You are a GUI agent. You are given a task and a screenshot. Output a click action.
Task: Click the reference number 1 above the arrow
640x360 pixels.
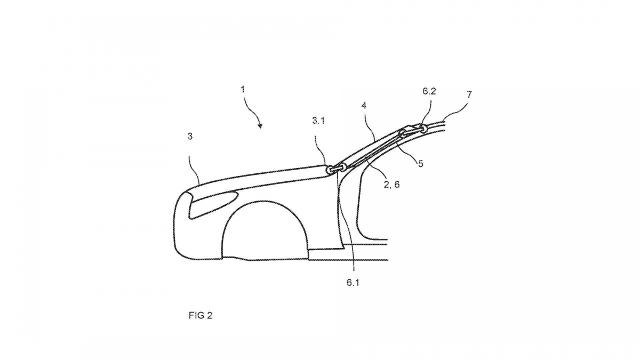click(x=243, y=90)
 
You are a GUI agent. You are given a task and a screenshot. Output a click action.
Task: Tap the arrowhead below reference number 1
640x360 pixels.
click(x=260, y=125)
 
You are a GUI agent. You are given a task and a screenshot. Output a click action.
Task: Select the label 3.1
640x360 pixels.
click(x=318, y=121)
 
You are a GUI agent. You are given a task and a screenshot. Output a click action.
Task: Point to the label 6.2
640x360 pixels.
click(x=429, y=91)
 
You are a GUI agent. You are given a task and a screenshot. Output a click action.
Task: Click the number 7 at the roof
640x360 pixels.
click(x=469, y=94)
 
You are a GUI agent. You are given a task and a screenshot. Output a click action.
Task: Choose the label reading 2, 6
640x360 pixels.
click(x=391, y=185)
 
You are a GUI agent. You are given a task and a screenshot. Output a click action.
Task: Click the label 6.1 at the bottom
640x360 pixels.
click(x=353, y=283)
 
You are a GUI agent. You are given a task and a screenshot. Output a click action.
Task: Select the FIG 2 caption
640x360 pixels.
click(x=201, y=315)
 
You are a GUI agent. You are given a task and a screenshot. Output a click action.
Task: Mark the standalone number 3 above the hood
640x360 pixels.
click(x=190, y=137)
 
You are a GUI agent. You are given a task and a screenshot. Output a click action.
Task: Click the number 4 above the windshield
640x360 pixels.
click(x=364, y=106)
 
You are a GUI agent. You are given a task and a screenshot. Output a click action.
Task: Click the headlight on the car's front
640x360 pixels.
click(x=213, y=204)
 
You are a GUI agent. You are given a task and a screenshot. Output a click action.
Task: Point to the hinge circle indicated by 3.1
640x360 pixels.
click(x=330, y=170)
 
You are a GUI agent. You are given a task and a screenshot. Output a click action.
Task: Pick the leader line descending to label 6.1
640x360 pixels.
click(x=346, y=220)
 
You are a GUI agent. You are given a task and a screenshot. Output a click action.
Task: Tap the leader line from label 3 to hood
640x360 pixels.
click(x=194, y=169)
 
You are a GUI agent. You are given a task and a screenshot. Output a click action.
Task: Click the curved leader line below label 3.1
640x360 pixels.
click(x=320, y=151)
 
